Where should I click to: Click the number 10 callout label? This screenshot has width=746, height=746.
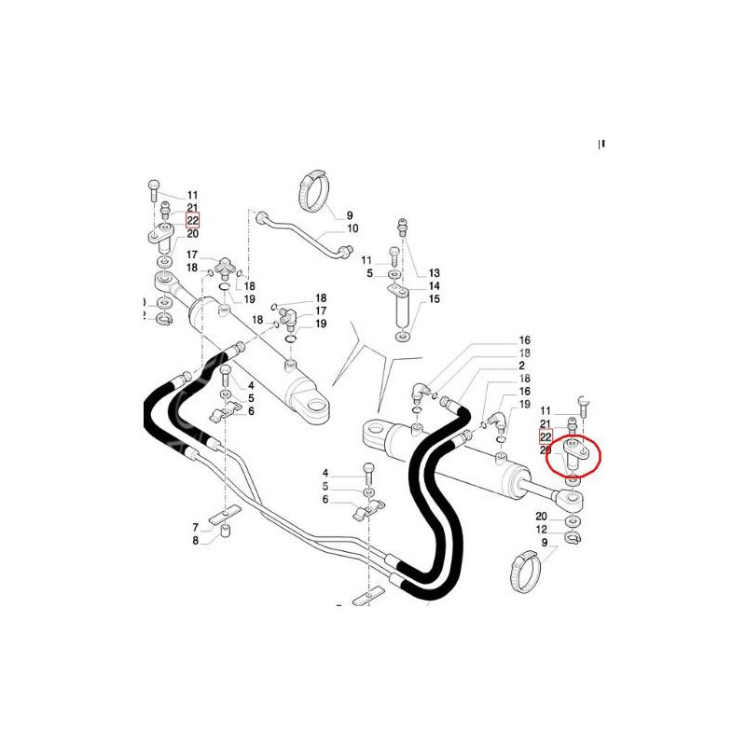point(352,228)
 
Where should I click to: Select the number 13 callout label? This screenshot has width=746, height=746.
point(434,272)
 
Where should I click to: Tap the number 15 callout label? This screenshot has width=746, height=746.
point(434,299)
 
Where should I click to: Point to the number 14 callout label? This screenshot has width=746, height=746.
point(434,286)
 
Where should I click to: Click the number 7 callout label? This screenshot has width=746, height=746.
point(196,527)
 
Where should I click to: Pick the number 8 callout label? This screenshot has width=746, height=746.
point(196,540)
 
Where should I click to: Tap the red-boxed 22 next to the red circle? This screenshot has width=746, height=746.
point(546,436)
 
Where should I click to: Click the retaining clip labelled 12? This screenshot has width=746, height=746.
point(573,536)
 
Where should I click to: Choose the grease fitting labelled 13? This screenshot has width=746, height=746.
point(403,227)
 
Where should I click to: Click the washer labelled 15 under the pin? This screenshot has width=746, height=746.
point(401,336)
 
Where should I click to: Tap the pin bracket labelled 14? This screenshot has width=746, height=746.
point(401,303)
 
